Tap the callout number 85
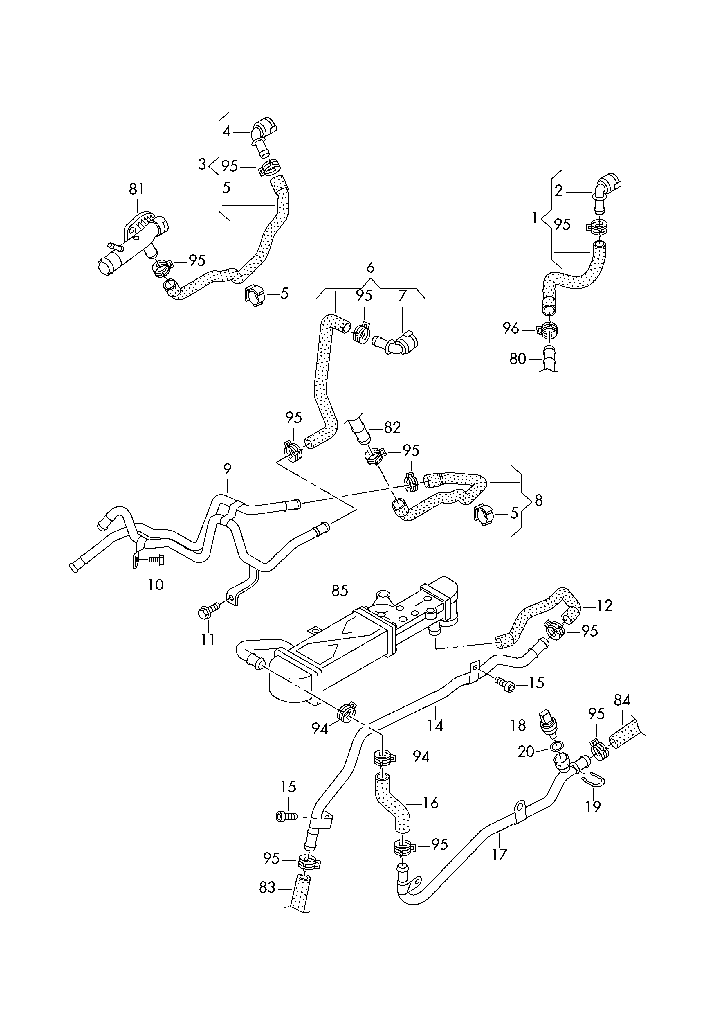(x=340, y=591)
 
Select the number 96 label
(x=511, y=329)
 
